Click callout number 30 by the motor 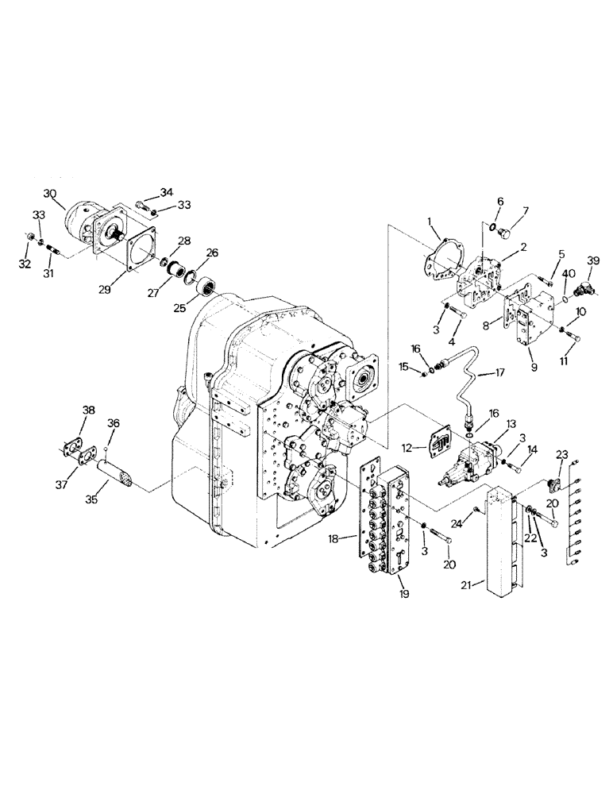[50, 193]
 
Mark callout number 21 [469, 585]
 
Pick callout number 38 [88, 411]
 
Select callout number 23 [562, 454]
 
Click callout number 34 [165, 192]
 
